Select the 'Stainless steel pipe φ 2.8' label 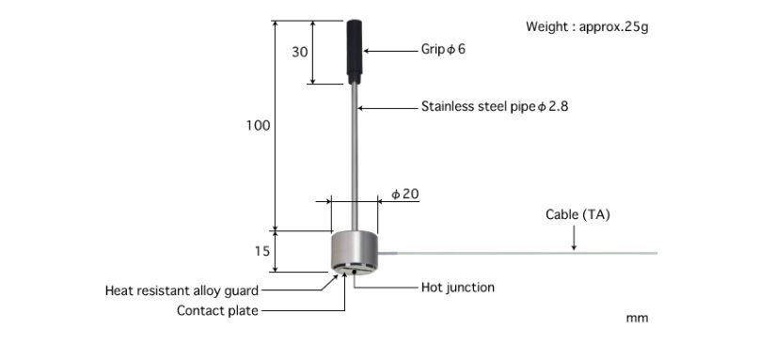495,107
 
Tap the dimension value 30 300,53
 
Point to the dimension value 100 259,125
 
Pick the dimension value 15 261,252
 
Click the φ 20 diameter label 404,194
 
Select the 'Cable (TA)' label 577,214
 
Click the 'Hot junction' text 457,288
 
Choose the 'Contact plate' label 217,310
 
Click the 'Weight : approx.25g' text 586,26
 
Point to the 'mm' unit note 637,319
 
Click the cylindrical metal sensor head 355,252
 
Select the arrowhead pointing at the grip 368,49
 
